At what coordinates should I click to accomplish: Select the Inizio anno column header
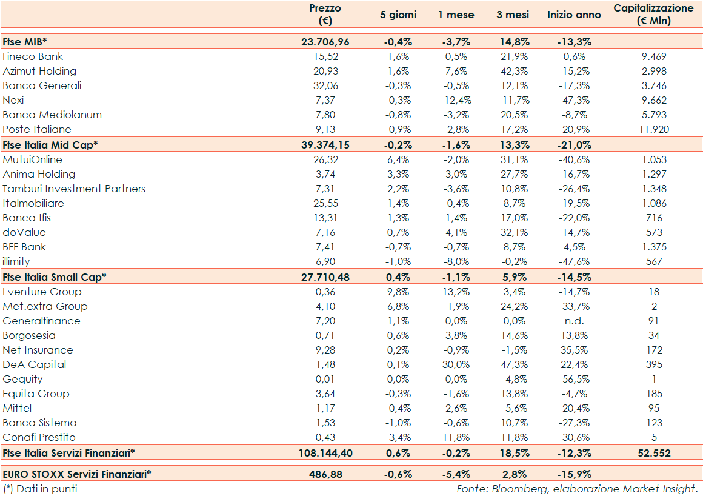574,15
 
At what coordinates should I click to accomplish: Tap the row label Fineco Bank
33,56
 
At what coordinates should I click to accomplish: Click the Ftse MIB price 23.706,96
325,42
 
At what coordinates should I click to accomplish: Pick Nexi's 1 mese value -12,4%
456,100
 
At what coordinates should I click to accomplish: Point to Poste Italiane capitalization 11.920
653,129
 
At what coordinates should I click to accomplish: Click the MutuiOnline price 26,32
325,159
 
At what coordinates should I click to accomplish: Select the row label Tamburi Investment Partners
74,189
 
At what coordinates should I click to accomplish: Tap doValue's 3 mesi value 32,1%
513,232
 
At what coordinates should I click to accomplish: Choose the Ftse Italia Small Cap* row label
55,276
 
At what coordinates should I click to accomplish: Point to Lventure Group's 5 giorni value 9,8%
398,292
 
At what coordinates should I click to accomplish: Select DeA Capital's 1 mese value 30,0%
456,364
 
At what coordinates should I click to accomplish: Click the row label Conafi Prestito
39,437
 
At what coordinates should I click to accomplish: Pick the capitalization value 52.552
653,452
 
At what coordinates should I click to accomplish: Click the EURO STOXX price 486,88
325,474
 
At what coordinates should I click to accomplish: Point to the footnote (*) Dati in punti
40,489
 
